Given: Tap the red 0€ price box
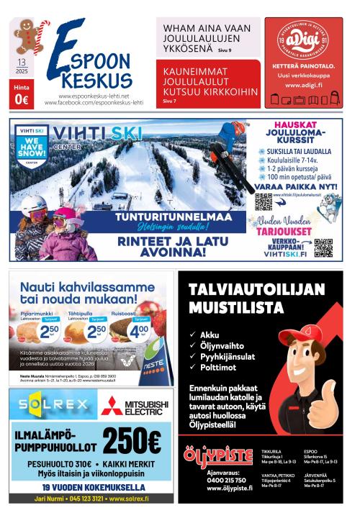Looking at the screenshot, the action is [x=21, y=99].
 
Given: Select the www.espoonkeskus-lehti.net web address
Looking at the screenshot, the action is [x=94, y=96].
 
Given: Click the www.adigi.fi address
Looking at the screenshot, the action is [x=308, y=85].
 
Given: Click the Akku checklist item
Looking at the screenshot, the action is [x=209, y=335].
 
